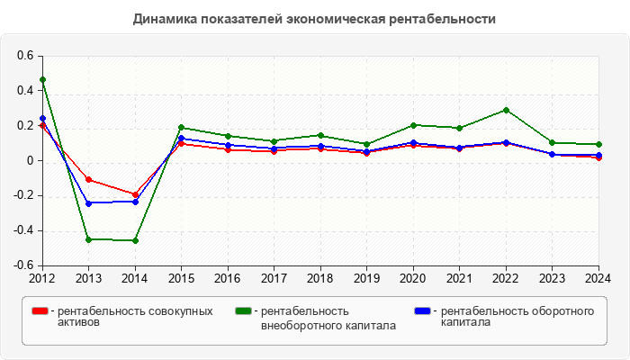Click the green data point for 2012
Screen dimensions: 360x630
click(42, 79)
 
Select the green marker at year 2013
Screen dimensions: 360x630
click(88, 239)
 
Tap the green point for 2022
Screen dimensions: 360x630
click(506, 110)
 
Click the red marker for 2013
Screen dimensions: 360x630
click(88, 180)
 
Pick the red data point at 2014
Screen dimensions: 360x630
click(135, 194)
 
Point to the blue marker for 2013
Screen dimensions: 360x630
click(88, 203)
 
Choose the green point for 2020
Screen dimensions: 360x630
click(413, 125)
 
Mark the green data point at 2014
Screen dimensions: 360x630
click(135, 240)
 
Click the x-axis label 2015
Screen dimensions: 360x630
click(181, 278)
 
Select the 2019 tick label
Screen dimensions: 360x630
click(366, 278)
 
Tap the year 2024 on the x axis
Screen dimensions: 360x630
click(598, 278)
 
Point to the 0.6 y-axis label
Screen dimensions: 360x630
click(24, 56)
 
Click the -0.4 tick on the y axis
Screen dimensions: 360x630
click(22, 230)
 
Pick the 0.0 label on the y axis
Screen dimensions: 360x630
click(29, 161)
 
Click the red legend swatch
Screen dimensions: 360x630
click(40, 311)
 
